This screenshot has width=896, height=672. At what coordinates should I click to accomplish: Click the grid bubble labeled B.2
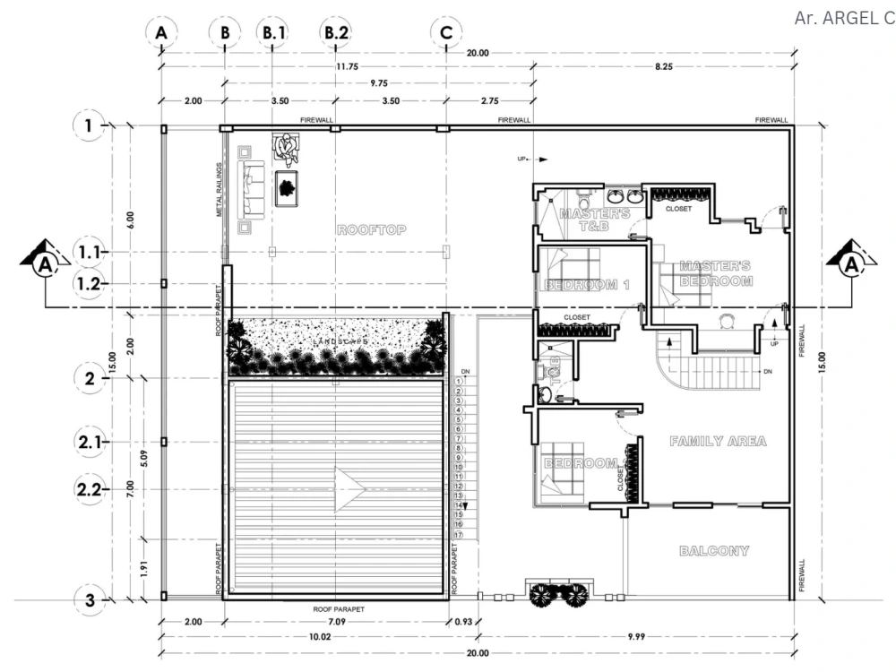click(x=336, y=33)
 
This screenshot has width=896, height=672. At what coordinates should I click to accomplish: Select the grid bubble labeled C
click(x=446, y=33)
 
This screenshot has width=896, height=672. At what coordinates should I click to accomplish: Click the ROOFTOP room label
click(x=371, y=230)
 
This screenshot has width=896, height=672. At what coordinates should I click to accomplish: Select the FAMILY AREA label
click(x=718, y=442)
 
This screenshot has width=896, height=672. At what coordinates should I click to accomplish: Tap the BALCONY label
click(x=713, y=550)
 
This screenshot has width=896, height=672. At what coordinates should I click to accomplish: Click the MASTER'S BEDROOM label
click(x=715, y=273)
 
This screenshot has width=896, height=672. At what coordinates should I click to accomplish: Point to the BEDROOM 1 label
click(x=582, y=285)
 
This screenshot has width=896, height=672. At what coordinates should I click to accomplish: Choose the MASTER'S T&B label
click(x=595, y=220)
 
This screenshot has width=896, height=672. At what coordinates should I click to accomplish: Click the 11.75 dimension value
click(x=347, y=66)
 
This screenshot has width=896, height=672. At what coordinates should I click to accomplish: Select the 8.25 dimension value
click(x=663, y=66)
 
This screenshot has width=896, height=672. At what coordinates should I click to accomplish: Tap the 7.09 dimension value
click(x=336, y=621)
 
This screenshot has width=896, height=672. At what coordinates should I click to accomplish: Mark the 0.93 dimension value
click(x=464, y=621)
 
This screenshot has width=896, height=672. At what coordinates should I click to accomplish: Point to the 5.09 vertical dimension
click(x=131, y=462)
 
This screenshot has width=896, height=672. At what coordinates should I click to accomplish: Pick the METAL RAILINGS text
click(x=219, y=191)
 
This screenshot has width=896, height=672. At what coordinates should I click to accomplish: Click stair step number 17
click(x=458, y=535)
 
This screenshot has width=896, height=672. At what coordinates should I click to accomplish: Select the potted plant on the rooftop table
click(x=287, y=188)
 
